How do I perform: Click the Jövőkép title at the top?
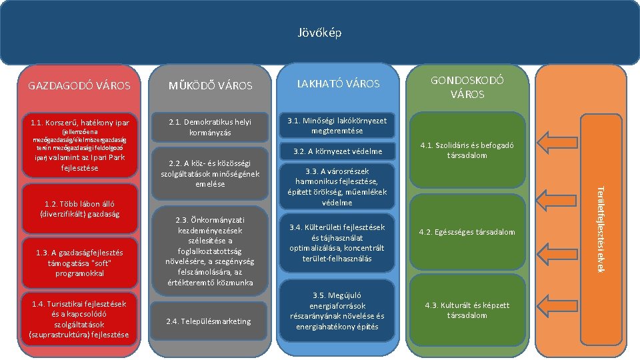pyautogui.click(x=319, y=32)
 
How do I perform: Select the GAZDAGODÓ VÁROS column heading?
pyautogui.click(x=79, y=86)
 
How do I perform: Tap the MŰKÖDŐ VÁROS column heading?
pyautogui.click(x=211, y=86)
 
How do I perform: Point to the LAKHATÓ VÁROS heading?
pyautogui.click(x=338, y=84)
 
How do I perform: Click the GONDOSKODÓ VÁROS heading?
pyautogui.click(x=467, y=87)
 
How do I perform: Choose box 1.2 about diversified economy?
pyautogui.click(x=79, y=209)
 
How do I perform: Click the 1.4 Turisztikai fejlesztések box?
pyautogui.click(x=79, y=319)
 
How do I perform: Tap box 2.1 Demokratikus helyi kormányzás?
pyautogui.click(x=211, y=127)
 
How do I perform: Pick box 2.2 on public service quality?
pyautogui.click(x=211, y=174)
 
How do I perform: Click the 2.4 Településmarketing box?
pyautogui.click(x=211, y=321)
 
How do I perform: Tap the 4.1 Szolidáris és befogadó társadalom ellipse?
pyautogui.click(x=467, y=151)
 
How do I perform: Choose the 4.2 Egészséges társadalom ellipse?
pyautogui.click(x=467, y=232)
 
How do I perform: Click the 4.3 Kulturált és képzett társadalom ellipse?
pyautogui.click(x=467, y=310)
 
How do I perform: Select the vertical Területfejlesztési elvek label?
pyautogui.click(x=599, y=227)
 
